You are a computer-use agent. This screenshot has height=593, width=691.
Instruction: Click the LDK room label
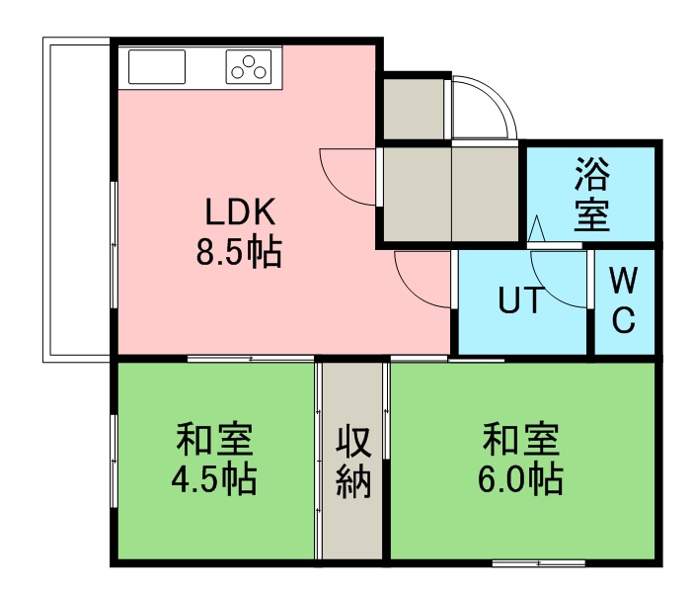(x=241, y=212)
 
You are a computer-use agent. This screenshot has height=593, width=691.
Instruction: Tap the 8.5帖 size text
(x=239, y=252)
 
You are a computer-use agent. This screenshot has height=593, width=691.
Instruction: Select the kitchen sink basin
(x=156, y=66)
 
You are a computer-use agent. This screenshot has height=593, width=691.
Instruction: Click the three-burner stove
(x=249, y=66)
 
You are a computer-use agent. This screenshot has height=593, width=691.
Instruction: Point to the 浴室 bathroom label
(x=592, y=194)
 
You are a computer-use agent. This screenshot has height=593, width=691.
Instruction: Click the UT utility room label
(x=520, y=299)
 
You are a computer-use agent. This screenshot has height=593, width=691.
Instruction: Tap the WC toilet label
(x=624, y=300)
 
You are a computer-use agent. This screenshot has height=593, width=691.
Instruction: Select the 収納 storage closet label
(x=353, y=462)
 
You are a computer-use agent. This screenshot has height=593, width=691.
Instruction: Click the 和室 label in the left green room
(x=214, y=440)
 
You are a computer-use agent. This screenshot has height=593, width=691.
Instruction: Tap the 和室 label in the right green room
(x=521, y=440)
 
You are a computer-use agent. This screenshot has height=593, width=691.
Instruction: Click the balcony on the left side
(x=76, y=200)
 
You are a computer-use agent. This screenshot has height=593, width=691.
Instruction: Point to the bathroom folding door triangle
(x=536, y=228)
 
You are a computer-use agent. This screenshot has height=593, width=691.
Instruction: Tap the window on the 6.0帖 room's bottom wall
(x=539, y=563)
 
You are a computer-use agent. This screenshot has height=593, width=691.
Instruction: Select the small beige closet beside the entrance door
(x=415, y=109)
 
